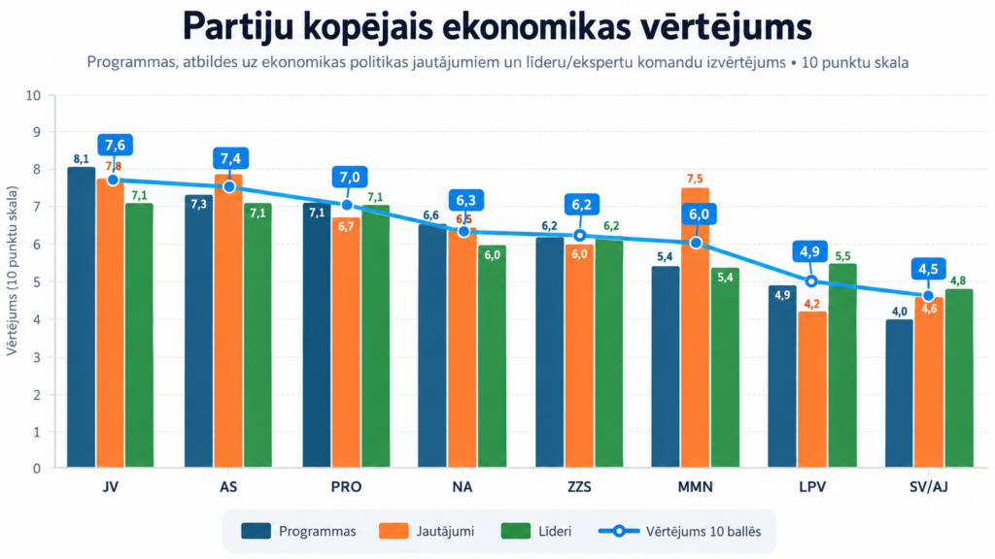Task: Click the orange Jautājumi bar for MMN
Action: [x=696, y=328]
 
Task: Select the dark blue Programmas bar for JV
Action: [x=82, y=317]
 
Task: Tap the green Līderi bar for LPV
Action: [x=842, y=366]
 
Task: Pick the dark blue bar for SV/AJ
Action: [x=899, y=394]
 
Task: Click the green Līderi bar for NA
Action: [x=492, y=356]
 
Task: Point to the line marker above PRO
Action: [x=347, y=205]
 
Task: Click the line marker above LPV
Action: [x=811, y=280]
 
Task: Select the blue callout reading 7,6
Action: [x=115, y=145]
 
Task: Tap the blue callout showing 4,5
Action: [x=928, y=269]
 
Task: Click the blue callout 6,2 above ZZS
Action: [x=581, y=205]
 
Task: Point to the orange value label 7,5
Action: [x=695, y=180]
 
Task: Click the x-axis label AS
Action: [x=228, y=487]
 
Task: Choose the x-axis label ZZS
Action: [x=579, y=487]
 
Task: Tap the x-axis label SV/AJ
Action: [x=928, y=487]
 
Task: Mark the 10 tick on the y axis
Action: [x=33, y=96]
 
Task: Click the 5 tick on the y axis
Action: [x=37, y=282]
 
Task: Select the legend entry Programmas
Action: [x=299, y=531]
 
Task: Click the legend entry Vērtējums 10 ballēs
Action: [x=679, y=531]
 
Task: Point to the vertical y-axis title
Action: [x=12, y=271]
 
